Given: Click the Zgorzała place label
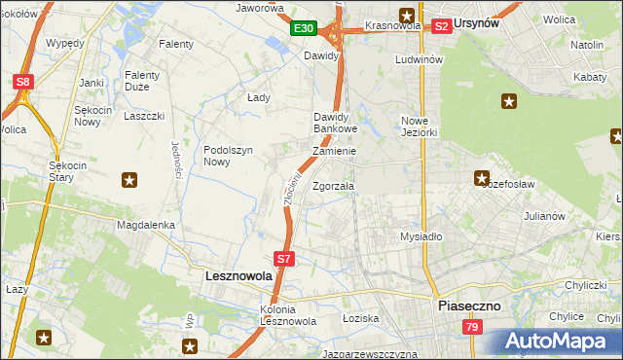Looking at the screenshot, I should [333, 186].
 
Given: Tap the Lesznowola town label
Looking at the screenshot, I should [239, 276].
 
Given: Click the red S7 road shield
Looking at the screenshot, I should [283, 259].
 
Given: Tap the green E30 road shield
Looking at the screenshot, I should [303, 28].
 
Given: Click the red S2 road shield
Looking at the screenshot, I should [441, 26].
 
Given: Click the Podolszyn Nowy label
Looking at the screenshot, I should [229, 156].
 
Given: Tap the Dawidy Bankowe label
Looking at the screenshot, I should [336, 123].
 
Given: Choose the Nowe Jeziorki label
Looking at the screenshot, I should [421, 126].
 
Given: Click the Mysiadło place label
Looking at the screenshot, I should [421, 236].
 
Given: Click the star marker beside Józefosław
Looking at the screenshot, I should [481, 177].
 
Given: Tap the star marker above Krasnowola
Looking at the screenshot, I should [406, 15].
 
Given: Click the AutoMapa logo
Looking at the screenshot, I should [559, 342].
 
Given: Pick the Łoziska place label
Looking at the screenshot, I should [360, 318].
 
